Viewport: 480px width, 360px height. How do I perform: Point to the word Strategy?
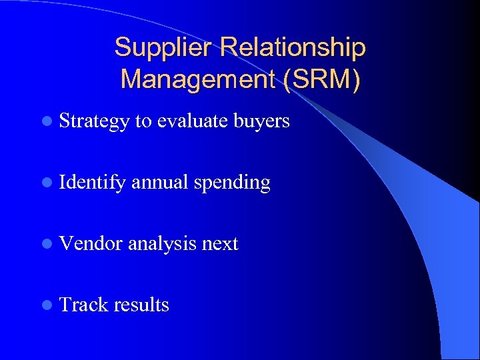[93, 121]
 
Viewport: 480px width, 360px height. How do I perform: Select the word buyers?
[261, 121]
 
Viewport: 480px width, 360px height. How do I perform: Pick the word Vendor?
[91, 243]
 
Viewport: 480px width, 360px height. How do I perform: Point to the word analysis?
[162, 244]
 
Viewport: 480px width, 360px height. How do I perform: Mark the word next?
[220, 244]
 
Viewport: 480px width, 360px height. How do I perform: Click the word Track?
[83, 305]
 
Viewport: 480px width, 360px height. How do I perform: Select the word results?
[141, 305]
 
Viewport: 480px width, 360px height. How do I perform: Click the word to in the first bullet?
[143, 121]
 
